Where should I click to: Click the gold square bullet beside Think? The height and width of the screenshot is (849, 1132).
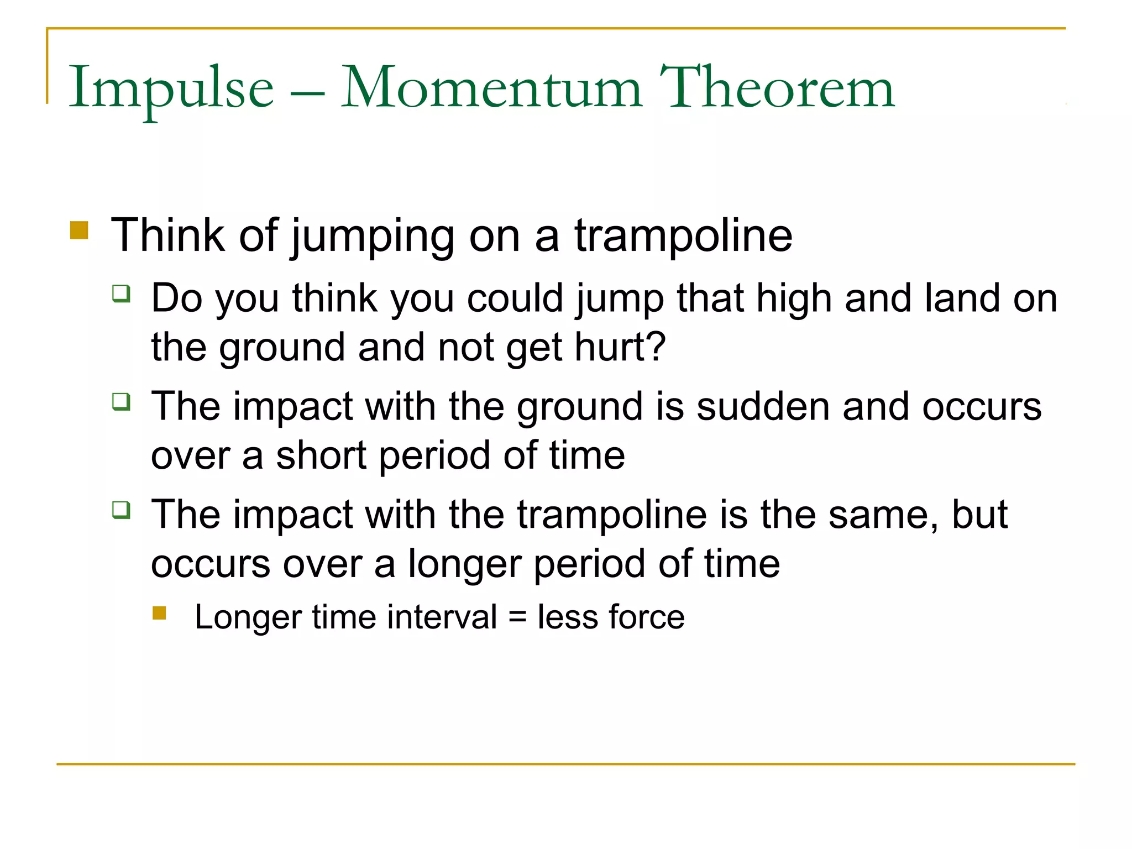79,230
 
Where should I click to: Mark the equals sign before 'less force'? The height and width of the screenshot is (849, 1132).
517,617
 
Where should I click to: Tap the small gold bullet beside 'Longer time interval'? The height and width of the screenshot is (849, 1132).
159,614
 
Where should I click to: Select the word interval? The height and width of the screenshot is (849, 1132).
442,617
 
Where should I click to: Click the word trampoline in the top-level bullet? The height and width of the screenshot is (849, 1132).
683,237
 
